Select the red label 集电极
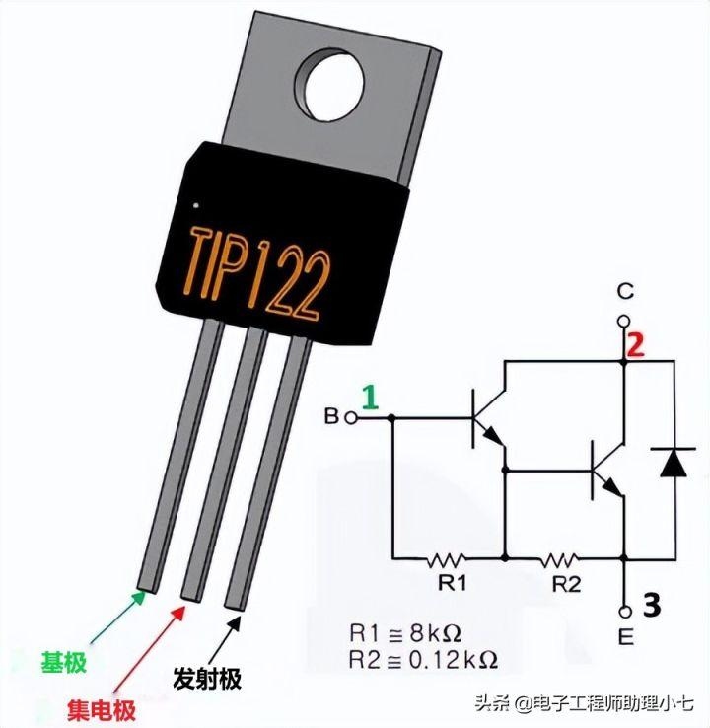pyautogui.click(x=102, y=708)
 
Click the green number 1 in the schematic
pyautogui.click(x=369, y=397)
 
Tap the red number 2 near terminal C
pyautogui.click(x=637, y=345)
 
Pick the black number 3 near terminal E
pyautogui.click(x=650, y=606)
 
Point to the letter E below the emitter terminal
pyautogui.click(x=623, y=638)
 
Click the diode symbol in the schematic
pyautogui.click(x=674, y=461)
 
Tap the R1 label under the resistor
pyautogui.click(x=452, y=583)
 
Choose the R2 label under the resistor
pyautogui.click(x=566, y=583)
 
